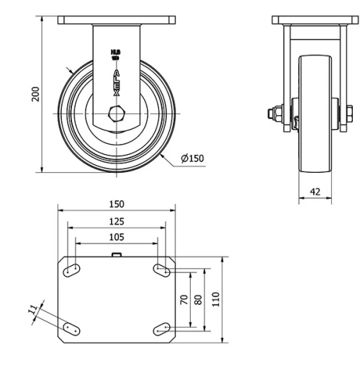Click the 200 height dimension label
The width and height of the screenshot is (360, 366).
pyautogui.click(x=35, y=94)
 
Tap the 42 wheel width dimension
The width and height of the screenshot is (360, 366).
pyautogui.click(x=315, y=191)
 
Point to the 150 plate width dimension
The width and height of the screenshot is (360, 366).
pyautogui.click(x=117, y=205)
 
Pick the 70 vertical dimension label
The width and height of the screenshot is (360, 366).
pyautogui.click(x=184, y=299)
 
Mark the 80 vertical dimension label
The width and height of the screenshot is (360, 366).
pyautogui.click(x=199, y=299)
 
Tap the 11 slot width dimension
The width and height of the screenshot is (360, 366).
pyautogui.click(x=32, y=310)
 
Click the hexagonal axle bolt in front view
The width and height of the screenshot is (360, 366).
pyautogui.click(x=116, y=112)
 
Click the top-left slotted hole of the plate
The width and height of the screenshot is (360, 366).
pyautogui.click(x=72, y=269)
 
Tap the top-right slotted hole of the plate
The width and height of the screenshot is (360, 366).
pyautogui.click(x=161, y=269)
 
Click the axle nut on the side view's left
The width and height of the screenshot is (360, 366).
pyautogui.click(x=275, y=112)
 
